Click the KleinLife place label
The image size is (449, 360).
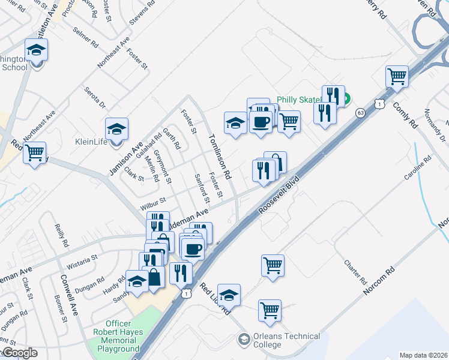pos(91,143)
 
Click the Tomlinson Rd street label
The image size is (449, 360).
pos(219,158)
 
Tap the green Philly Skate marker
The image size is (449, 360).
pos(347,100)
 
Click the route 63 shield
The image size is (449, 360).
pos(360,112)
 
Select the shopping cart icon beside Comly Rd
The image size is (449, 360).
pos(397,77)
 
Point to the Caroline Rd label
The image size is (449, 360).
pos(418,170)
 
